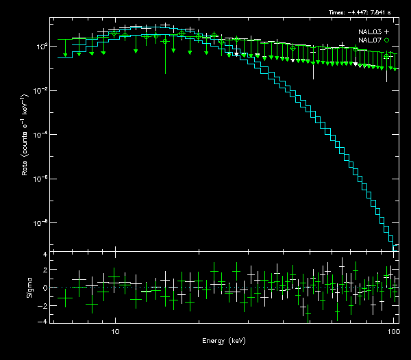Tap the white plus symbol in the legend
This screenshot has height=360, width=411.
point(387,32)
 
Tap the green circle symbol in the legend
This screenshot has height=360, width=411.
point(387,40)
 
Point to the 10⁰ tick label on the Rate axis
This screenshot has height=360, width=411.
point(41,46)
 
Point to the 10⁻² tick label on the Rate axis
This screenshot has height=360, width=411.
point(41,90)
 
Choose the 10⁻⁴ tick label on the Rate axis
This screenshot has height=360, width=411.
point(41,135)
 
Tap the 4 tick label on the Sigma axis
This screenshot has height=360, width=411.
point(45,255)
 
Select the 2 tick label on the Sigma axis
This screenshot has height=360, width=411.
point(45,271)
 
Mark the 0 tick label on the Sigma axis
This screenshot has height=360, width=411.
point(45,288)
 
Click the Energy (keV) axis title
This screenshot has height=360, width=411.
point(223,341)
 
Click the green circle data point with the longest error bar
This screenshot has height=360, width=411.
point(165,42)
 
